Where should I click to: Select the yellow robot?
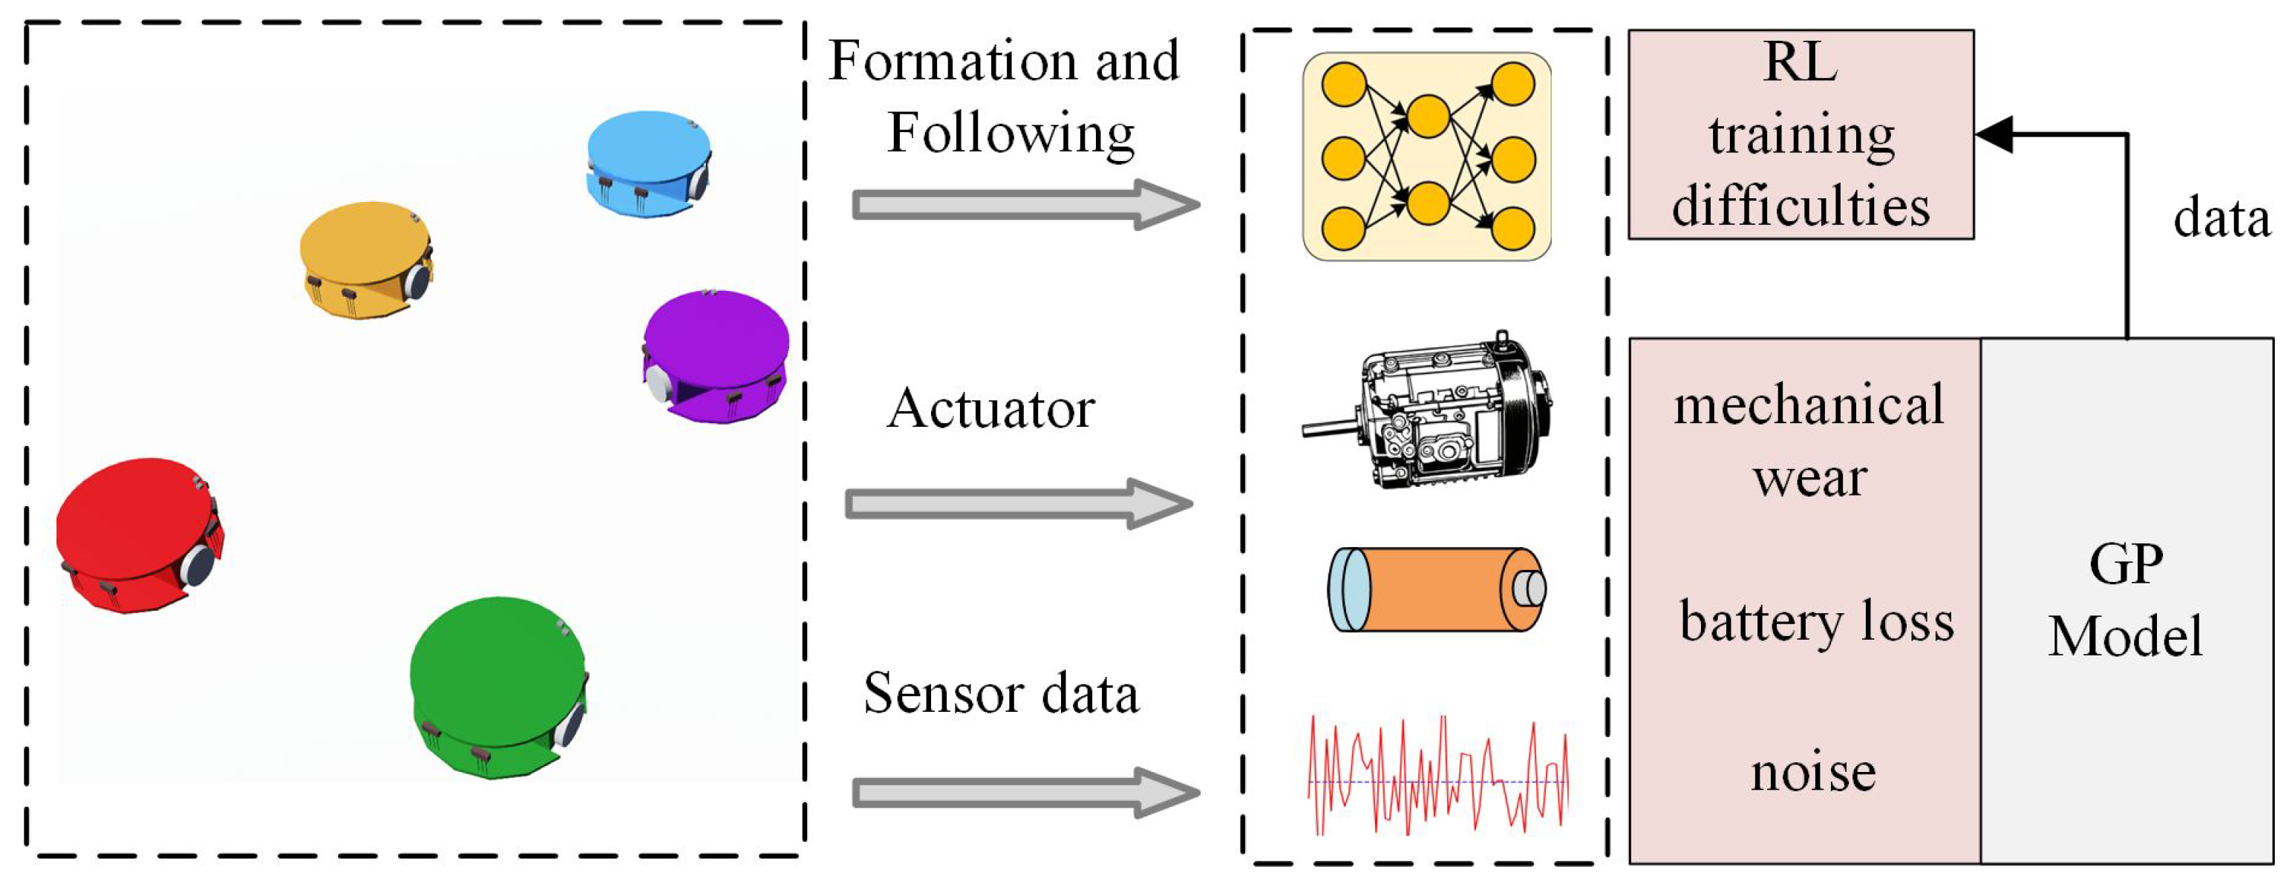point(366,258)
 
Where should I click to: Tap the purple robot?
point(716,356)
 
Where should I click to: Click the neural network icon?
point(1426,157)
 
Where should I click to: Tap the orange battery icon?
point(1436,589)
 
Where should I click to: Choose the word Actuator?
point(990,410)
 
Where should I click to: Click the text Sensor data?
point(1001,694)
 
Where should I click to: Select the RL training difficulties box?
point(1801,134)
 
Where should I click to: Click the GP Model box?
point(2126,601)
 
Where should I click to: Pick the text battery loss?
point(1815,621)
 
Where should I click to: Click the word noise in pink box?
point(1813,771)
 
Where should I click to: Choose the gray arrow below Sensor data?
point(1025,792)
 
